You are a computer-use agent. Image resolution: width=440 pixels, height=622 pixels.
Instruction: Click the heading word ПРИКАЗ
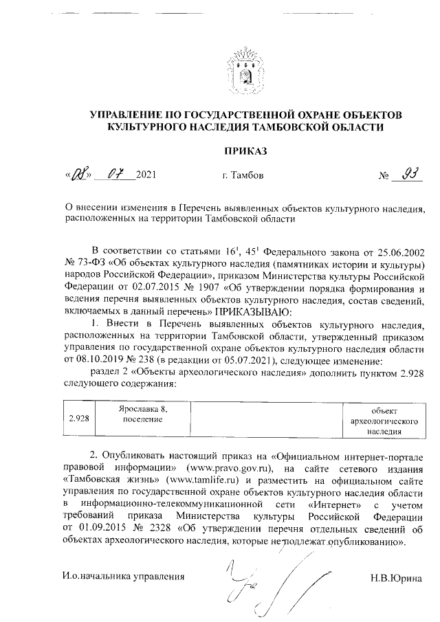point(244,151)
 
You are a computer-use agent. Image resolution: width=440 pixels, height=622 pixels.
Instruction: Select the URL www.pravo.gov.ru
point(232,469)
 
